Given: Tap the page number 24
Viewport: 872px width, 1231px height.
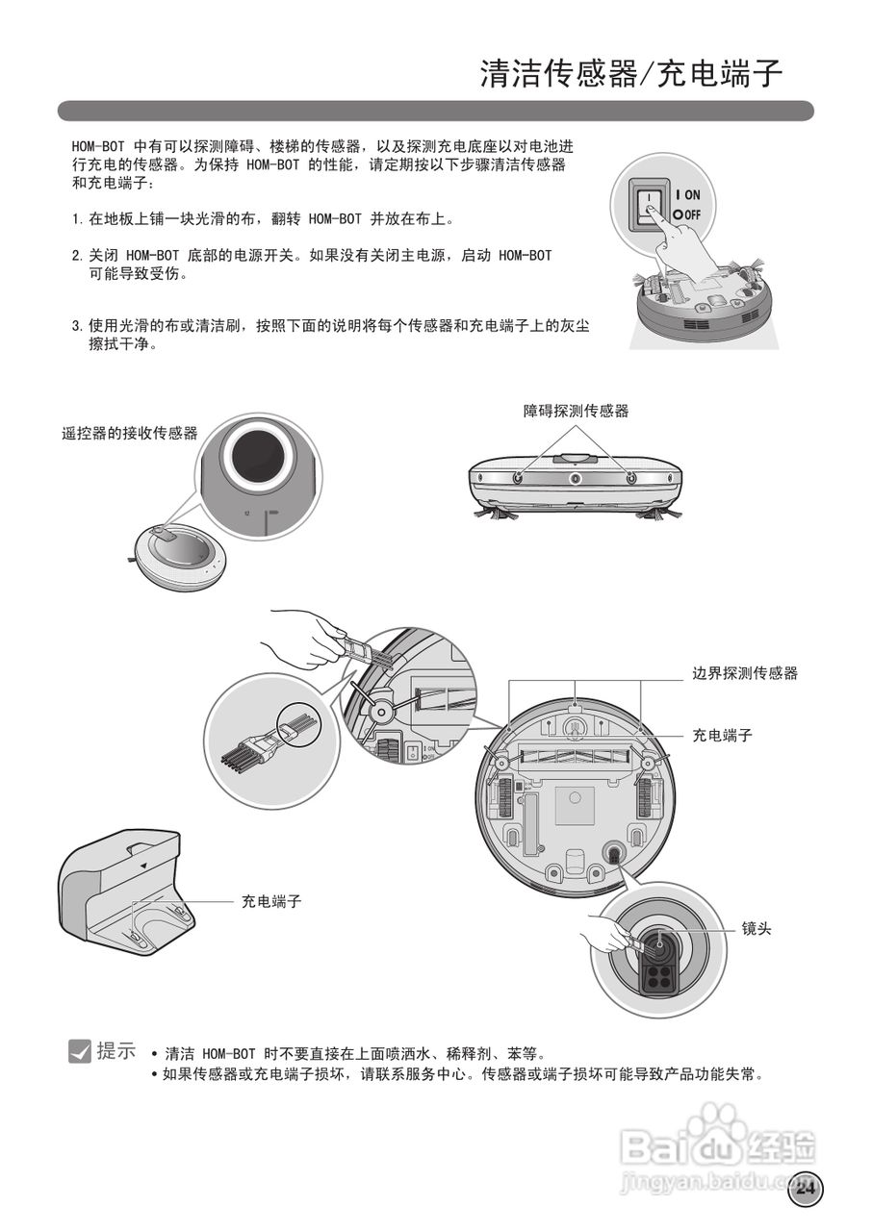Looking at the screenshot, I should [x=806, y=1189].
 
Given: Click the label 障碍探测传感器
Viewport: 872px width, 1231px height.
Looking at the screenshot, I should [x=576, y=411].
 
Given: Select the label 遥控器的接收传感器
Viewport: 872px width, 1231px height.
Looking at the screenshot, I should [x=130, y=434].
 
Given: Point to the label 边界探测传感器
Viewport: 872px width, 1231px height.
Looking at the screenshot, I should [x=745, y=673].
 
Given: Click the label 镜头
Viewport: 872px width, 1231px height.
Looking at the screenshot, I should [x=756, y=930].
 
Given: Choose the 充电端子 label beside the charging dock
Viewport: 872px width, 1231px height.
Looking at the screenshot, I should [x=271, y=901].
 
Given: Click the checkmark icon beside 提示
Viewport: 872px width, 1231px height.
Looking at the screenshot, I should [x=80, y=1052].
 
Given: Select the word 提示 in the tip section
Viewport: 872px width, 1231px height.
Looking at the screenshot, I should [x=116, y=1051].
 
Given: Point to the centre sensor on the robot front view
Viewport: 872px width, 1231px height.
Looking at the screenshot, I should [x=575, y=479].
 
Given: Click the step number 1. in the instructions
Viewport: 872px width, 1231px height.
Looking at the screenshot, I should [x=78, y=219].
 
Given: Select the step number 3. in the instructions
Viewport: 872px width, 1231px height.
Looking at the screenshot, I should [x=78, y=326].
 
